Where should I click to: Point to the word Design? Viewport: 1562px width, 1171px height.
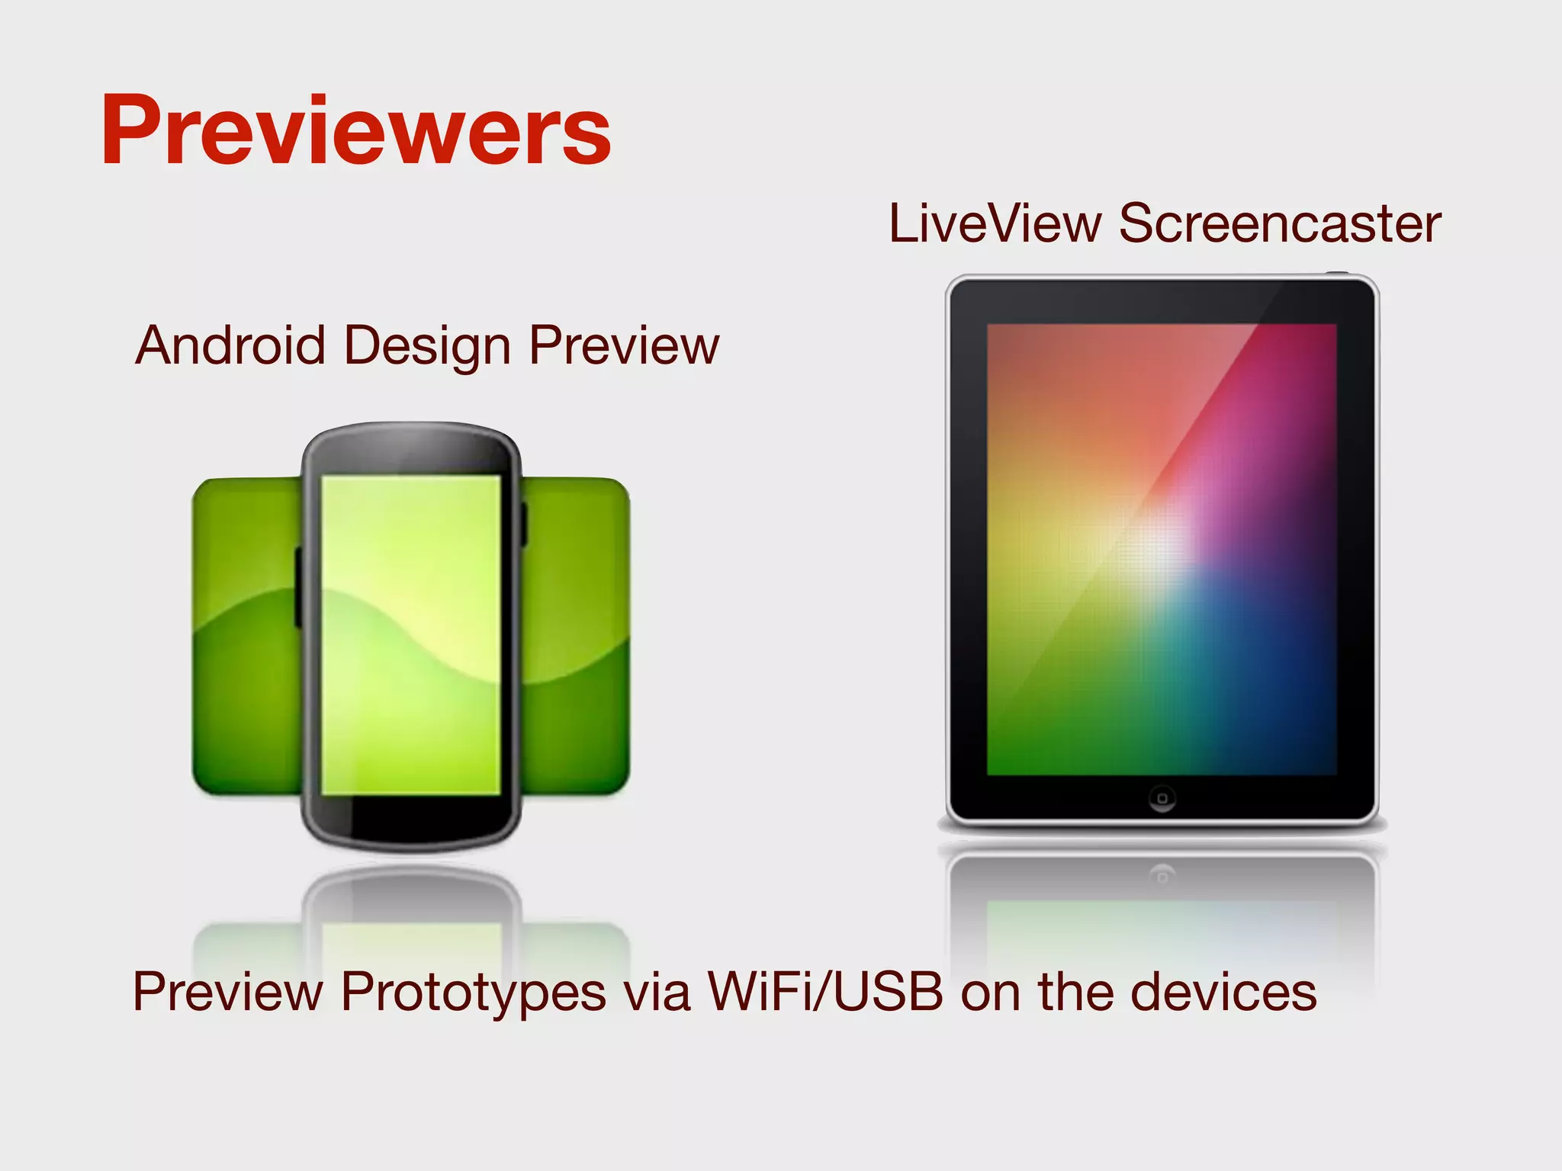coord(427,347)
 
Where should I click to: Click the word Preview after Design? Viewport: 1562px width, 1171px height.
coord(624,347)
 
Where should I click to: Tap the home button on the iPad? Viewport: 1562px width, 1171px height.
coord(1162,798)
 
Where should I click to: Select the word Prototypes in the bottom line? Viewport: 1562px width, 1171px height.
coord(473,993)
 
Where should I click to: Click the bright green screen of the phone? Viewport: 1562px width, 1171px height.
coord(410,633)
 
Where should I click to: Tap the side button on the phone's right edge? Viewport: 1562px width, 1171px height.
coord(524,525)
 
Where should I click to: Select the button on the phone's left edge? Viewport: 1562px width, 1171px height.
coord(298,587)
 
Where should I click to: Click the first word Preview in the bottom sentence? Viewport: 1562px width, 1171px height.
coord(227,993)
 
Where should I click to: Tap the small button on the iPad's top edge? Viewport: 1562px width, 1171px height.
coord(1336,272)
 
